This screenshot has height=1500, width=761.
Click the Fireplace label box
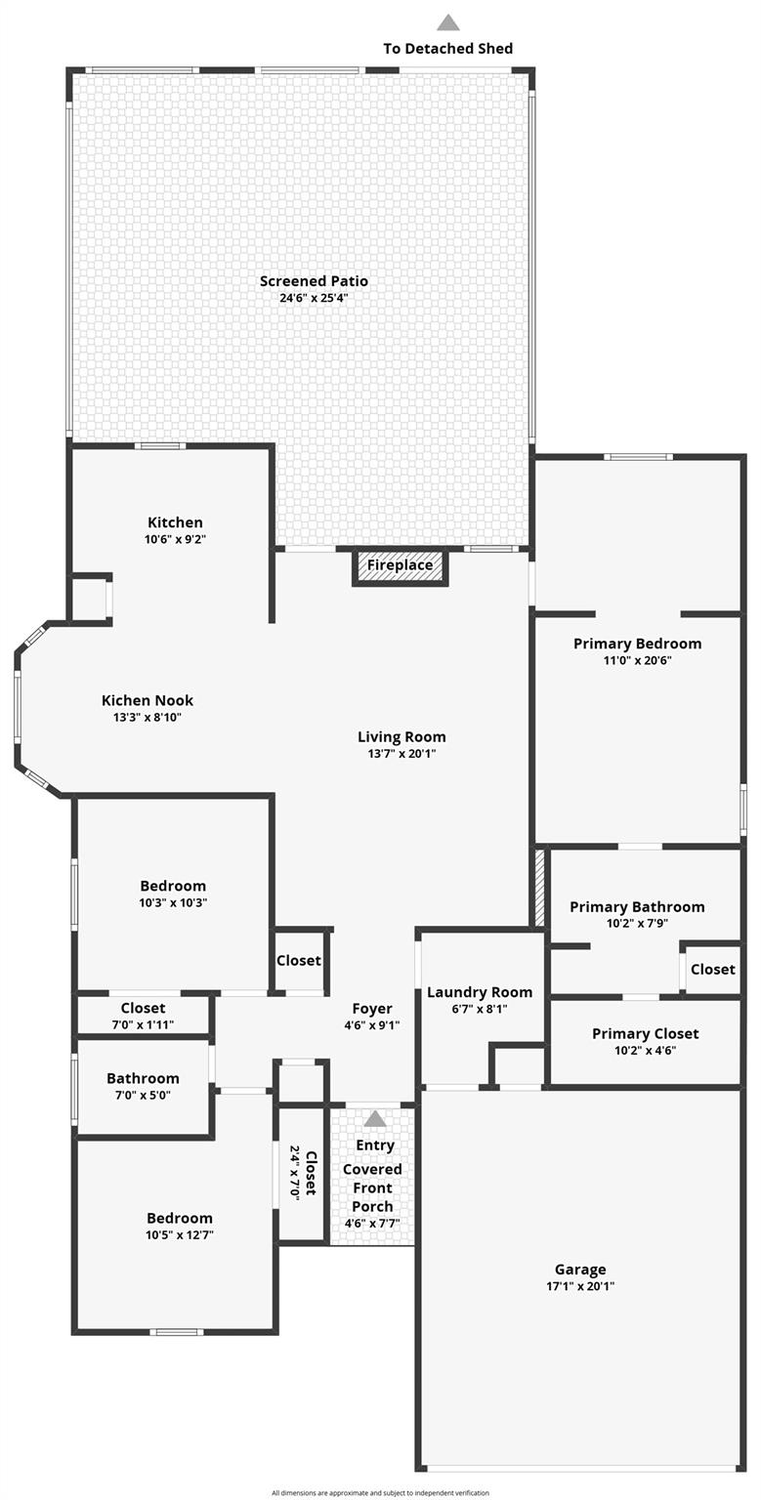tap(400, 565)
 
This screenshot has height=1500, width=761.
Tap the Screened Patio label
tap(314, 281)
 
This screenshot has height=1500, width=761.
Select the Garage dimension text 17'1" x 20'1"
tap(580, 1286)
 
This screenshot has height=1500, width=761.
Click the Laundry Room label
tap(480, 992)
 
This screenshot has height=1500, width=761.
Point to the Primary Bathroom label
tap(637, 906)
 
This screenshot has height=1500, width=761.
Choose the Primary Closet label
tap(645, 1033)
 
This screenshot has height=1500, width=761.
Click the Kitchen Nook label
tap(148, 700)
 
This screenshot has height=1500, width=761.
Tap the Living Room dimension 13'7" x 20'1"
tap(402, 754)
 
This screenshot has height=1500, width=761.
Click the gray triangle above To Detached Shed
tap(447, 22)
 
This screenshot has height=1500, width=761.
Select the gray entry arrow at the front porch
tap(375, 1119)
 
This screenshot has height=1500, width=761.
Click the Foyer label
tap(372, 1009)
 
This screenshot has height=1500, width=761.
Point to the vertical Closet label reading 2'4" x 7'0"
tap(303, 1173)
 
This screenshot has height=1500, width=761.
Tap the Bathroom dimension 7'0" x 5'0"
tap(143, 1095)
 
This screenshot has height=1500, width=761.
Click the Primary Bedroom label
tap(637, 644)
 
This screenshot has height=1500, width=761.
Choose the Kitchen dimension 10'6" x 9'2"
tap(175, 539)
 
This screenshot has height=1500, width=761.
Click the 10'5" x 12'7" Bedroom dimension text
tap(180, 1234)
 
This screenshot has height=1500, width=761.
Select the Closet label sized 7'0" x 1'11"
tap(143, 1008)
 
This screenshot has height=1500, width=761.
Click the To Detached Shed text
tap(447, 48)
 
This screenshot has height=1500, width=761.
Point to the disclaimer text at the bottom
tap(380, 1493)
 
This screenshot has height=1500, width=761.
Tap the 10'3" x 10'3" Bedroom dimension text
tap(173, 902)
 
